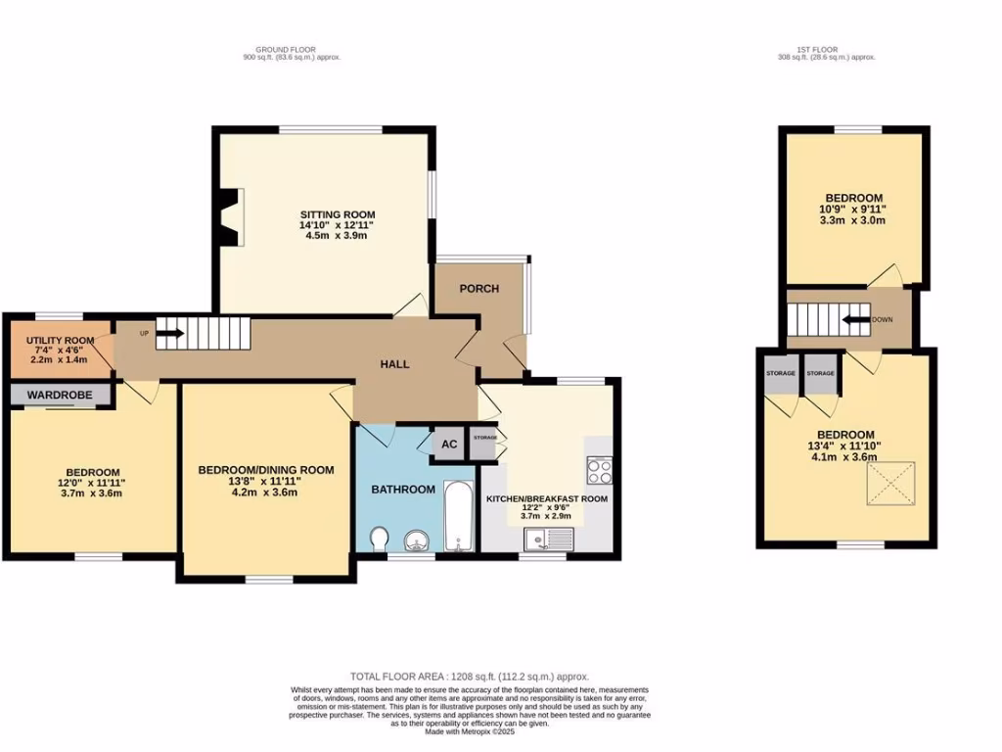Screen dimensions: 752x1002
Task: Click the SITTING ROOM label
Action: (x=338, y=214)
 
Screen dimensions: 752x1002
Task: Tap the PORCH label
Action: (x=479, y=288)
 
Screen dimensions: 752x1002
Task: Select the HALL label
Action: (x=394, y=364)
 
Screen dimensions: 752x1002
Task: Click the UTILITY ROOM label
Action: (x=57, y=340)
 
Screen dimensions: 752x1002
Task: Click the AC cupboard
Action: (x=449, y=444)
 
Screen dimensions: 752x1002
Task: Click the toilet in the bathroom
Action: (x=381, y=539)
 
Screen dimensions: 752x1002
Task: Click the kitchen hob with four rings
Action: (x=598, y=471)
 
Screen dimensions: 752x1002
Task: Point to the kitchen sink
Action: (x=546, y=538)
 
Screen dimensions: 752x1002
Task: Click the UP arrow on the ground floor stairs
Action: (x=168, y=333)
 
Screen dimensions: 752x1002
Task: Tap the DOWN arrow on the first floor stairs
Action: (x=859, y=319)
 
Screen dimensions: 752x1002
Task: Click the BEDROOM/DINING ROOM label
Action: (x=266, y=470)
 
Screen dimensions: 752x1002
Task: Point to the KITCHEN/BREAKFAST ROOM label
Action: (x=547, y=498)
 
